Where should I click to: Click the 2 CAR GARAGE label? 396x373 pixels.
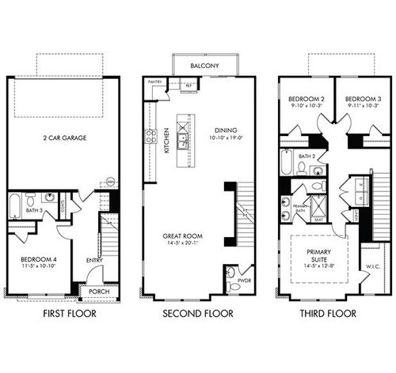pos(65,138)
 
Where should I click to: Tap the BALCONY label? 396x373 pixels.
pos(205,66)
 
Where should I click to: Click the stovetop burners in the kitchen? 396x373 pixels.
pos(150,135)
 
